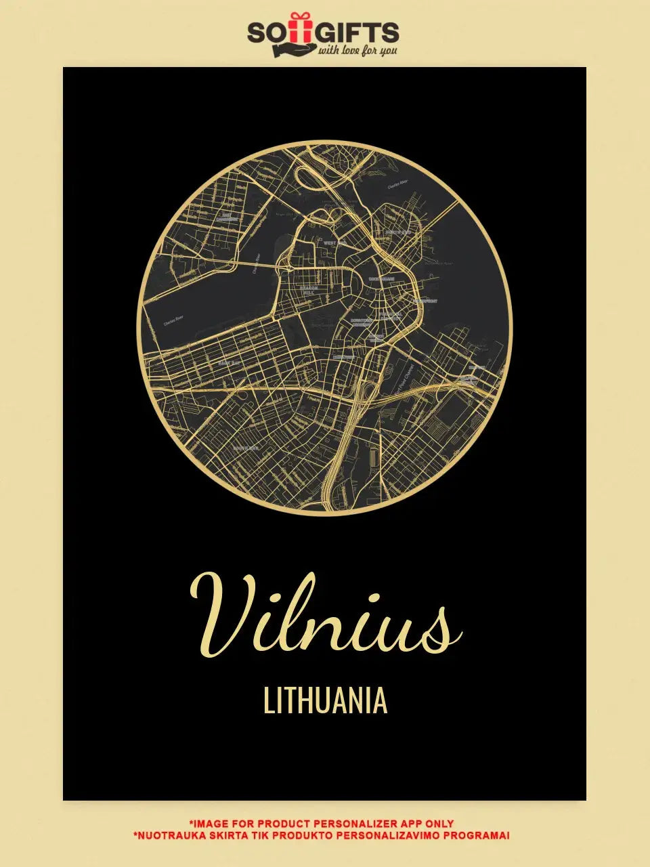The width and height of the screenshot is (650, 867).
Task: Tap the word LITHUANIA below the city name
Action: (x=325, y=702)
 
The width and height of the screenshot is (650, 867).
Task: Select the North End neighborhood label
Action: (x=398, y=232)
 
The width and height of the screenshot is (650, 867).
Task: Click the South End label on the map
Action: (x=245, y=448)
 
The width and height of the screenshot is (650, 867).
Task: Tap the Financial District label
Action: (x=391, y=316)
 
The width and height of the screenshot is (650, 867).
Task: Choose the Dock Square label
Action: (x=381, y=278)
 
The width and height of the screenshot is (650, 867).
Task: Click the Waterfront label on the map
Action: (x=425, y=301)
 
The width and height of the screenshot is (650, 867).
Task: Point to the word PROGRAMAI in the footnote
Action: (x=480, y=835)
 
